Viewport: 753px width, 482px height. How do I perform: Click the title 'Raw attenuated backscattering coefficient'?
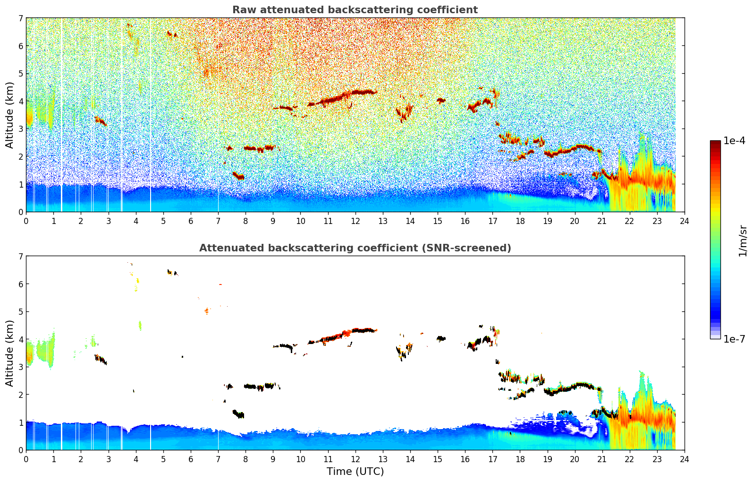[x=355, y=10]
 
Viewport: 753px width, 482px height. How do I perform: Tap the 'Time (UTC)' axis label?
[x=355, y=471]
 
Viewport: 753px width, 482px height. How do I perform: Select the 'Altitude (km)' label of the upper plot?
[x=10, y=115]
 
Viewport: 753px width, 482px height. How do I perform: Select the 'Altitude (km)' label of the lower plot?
[x=10, y=353]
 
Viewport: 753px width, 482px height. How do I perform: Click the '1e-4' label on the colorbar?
[x=734, y=141]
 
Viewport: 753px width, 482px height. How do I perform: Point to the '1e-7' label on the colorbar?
[x=734, y=339]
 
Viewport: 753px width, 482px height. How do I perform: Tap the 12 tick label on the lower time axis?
[x=355, y=459]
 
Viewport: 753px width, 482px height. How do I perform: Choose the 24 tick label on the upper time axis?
[x=684, y=221]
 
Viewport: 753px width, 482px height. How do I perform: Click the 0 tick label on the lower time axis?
[x=26, y=459]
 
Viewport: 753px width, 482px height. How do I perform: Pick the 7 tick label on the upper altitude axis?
[x=20, y=18]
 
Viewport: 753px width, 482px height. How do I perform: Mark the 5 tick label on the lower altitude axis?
[x=20, y=312]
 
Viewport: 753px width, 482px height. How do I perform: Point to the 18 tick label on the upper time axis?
[x=520, y=221]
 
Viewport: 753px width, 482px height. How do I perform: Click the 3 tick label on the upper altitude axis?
[x=20, y=129]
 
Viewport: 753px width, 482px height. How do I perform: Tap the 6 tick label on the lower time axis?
[x=191, y=459]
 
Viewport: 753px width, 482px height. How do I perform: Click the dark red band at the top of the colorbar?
[x=715, y=143]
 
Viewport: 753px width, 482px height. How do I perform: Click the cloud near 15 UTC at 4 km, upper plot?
[x=441, y=100]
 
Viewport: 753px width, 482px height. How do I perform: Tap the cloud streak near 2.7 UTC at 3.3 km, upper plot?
[x=100, y=120]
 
